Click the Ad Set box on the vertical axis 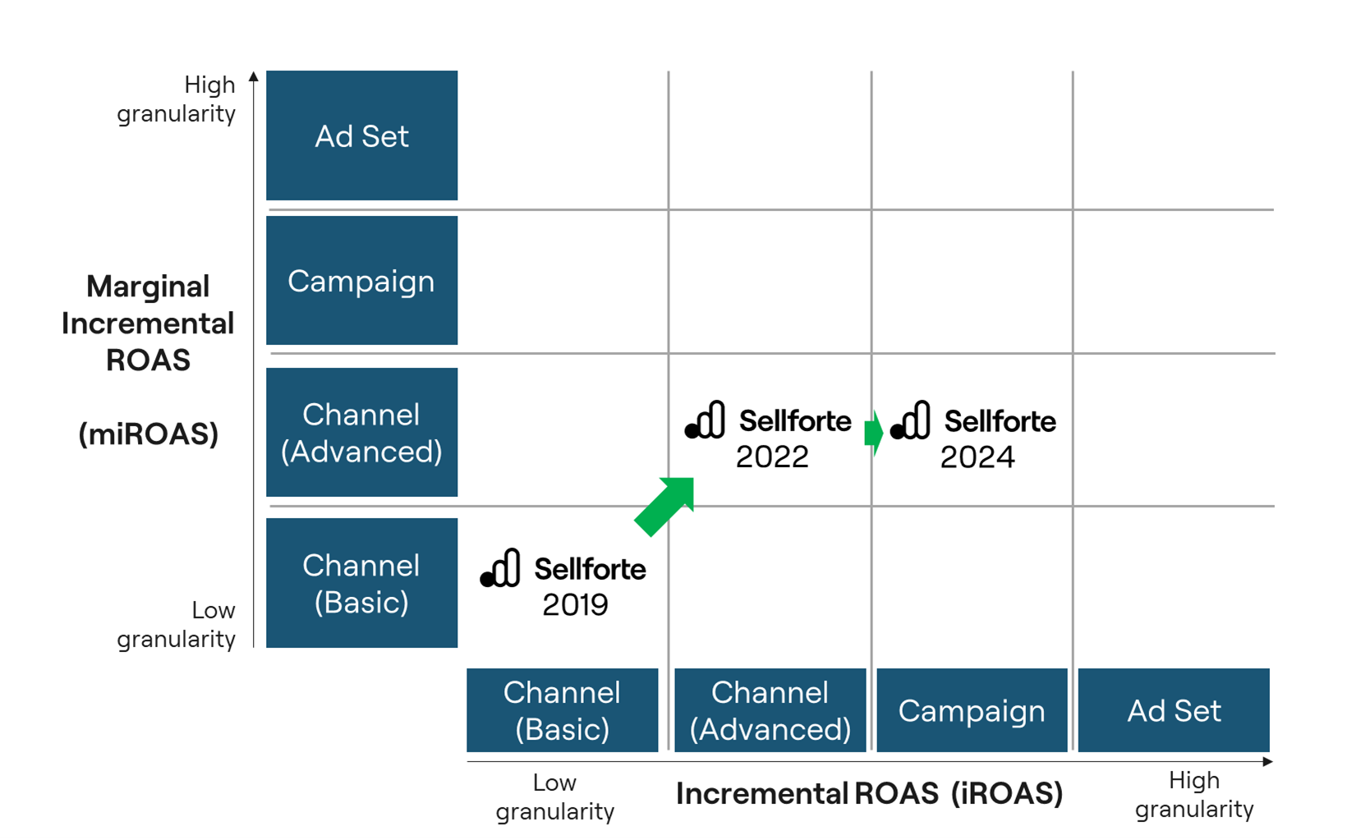tap(361, 135)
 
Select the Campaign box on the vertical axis tap(361, 281)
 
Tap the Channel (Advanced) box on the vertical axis tap(361, 433)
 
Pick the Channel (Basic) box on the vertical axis tap(361, 583)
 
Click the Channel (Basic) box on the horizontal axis tap(562, 710)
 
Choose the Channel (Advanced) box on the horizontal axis tap(770, 710)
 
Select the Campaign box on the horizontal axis tap(972, 710)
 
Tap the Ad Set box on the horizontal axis tap(1174, 710)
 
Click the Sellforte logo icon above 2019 tap(501, 568)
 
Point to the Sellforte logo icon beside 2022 tap(706, 420)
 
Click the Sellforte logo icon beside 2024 tap(911, 420)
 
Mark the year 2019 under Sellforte tap(575, 605)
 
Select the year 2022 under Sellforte tap(772, 457)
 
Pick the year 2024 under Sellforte tap(977, 457)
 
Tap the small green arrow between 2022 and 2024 tap(874, 432)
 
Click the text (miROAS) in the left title tap(149, 434)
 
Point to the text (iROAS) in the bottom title tap(1007, 793)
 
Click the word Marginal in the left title tap(148, 287)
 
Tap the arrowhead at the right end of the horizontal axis tap(1268, 762)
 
